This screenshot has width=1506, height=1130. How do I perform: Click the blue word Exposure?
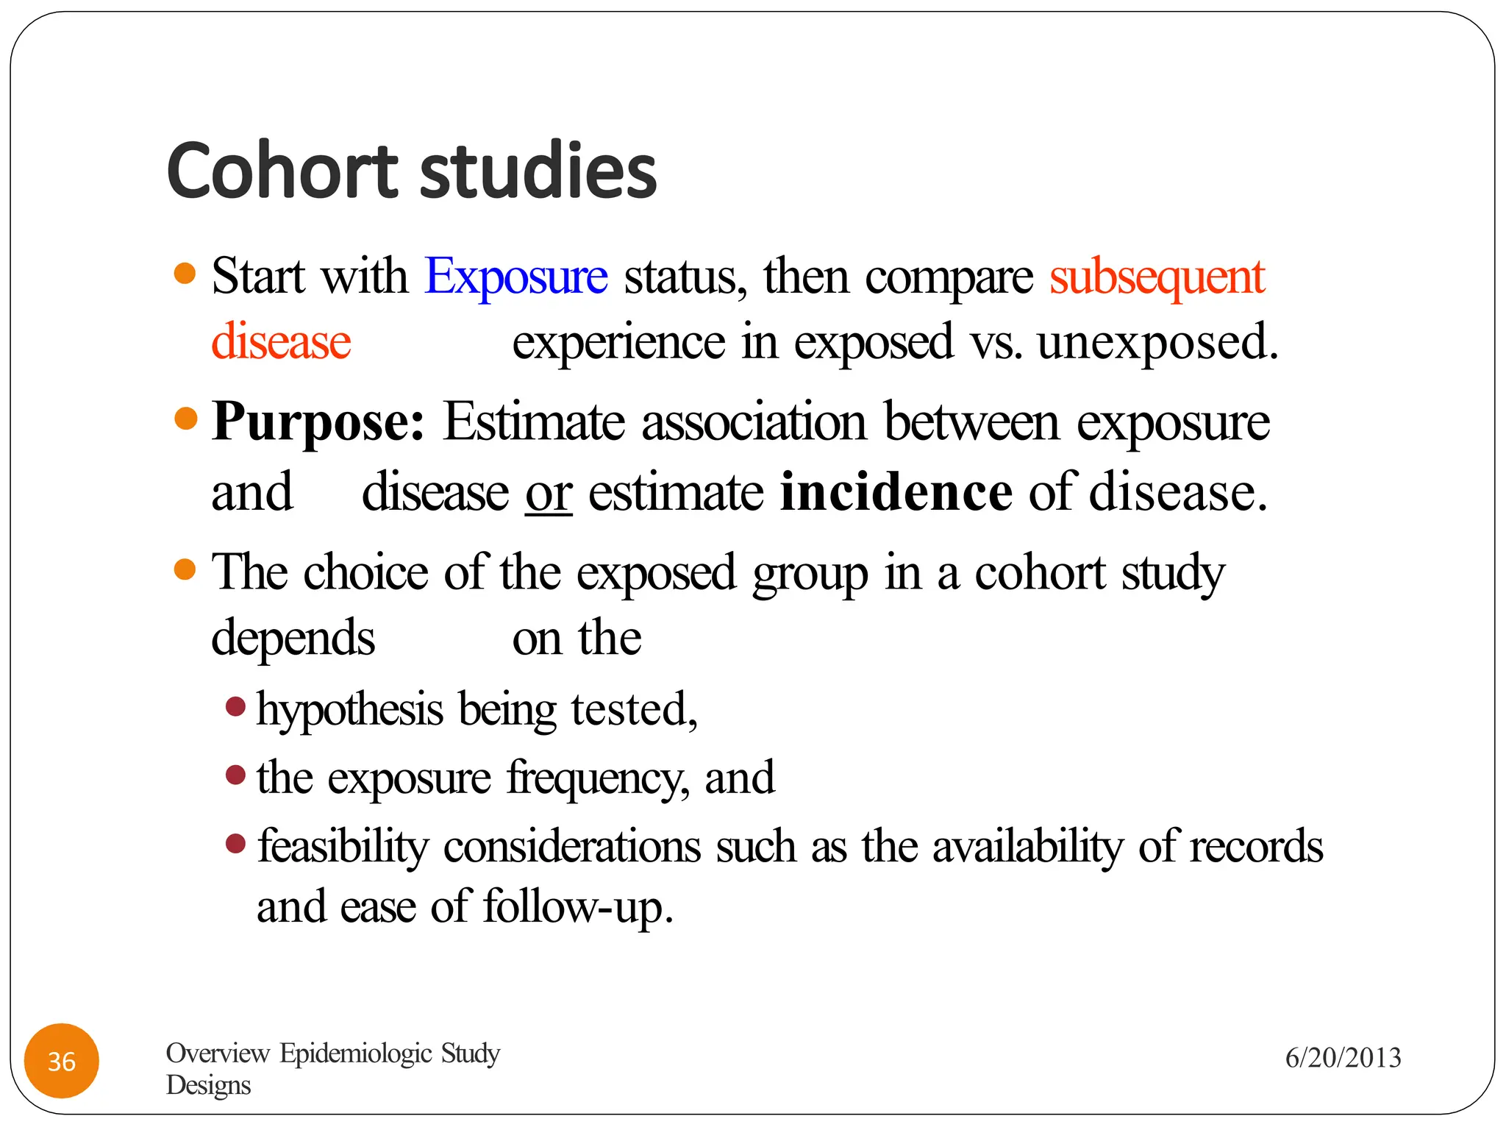click(516, 277)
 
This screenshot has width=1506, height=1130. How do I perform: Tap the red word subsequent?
click(1157, 277)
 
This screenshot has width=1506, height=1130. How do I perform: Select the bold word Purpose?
click(318, 422)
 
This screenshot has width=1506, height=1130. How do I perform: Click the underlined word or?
click(549, 493)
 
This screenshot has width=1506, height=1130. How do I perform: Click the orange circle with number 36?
click(62, 1061)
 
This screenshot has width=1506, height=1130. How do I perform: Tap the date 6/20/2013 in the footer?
click(1343, 1058)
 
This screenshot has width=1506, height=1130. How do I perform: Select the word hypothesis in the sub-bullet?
click(349, 710)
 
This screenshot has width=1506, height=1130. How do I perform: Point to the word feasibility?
click(343, 846)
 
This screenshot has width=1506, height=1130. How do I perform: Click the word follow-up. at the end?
click(578, 906)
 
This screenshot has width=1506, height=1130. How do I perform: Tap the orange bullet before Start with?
click(185, 274)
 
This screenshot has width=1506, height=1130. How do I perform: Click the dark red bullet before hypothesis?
click(235, 707)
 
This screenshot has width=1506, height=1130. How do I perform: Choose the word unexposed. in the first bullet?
click(1157, 342)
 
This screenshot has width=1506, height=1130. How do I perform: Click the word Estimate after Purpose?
click(534, 422)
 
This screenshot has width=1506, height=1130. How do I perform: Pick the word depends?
click(293, 637)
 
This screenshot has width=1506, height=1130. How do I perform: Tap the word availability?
click(1028, 846)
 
